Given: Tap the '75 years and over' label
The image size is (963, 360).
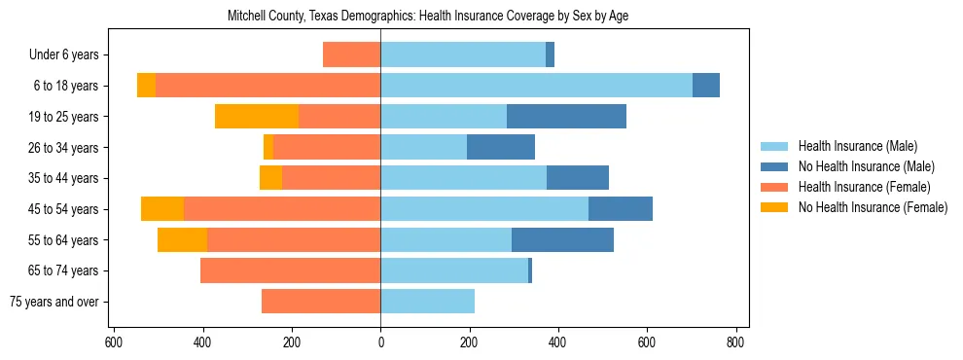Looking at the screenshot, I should coord(53,302).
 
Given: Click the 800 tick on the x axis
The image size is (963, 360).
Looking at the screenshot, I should coord(735,342).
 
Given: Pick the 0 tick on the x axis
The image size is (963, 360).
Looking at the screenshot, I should coord(380,342).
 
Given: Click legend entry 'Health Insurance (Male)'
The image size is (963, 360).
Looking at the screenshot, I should coord(857,146).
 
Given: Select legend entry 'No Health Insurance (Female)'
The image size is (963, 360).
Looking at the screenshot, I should coord(872,207).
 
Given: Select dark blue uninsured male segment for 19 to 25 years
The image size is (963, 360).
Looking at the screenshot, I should coord(566,117).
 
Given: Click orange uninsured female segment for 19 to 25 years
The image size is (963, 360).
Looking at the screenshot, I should coord(257,117).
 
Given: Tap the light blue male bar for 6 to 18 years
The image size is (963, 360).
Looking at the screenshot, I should coord(536,86).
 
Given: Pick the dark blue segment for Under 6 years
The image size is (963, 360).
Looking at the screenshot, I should coord(550,55).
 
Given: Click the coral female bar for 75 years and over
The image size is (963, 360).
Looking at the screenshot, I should coord(321,302).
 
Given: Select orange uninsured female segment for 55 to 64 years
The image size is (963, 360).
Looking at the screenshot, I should coord(182,240).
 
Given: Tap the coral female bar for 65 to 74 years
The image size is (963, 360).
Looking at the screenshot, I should coord(290,270).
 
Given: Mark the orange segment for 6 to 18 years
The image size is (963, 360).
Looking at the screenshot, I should coord(146,86).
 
